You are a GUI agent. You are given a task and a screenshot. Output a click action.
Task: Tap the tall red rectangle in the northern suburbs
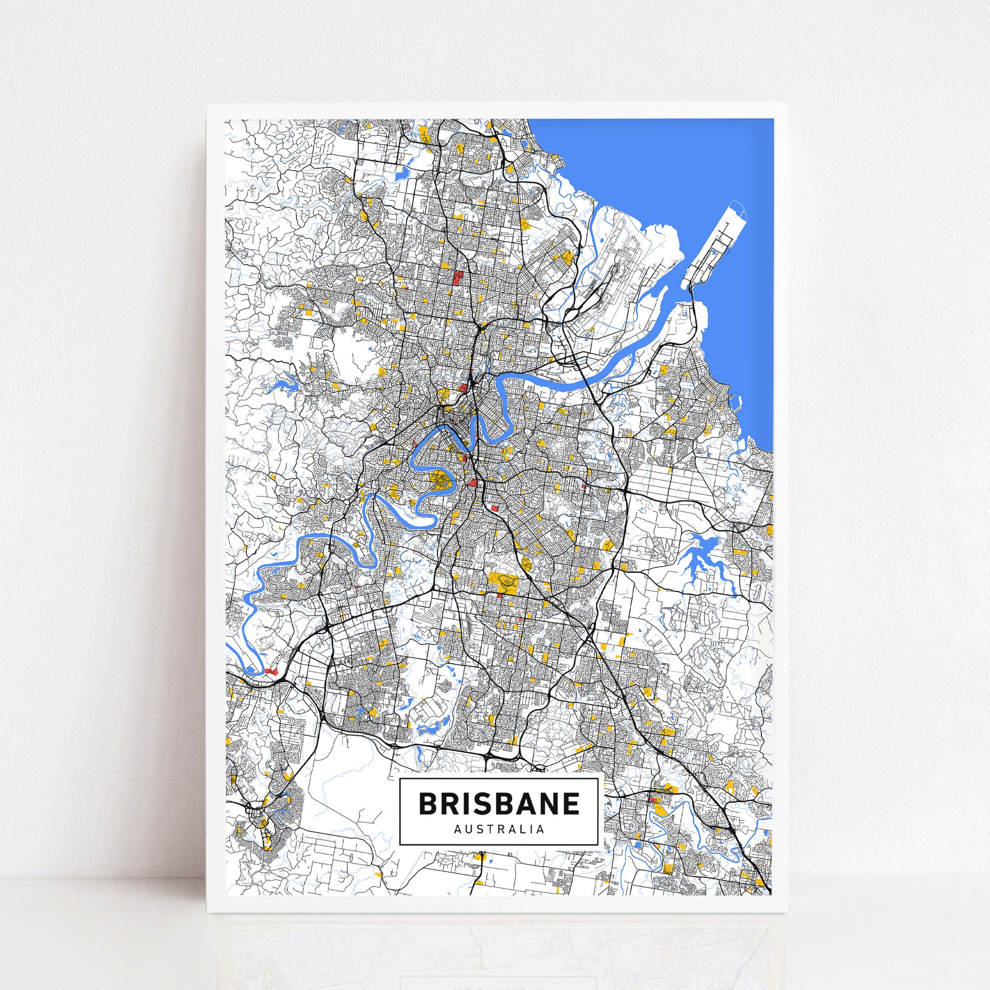point(457,278)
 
